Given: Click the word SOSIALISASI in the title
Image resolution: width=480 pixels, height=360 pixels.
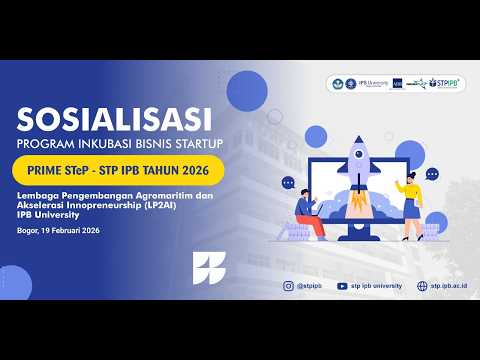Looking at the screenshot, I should click(x=114, y=122).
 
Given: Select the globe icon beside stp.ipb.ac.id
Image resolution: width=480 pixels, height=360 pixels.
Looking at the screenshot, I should click(x=421, y=285).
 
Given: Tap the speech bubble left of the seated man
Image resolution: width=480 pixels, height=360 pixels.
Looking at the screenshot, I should click(x=288, y=183).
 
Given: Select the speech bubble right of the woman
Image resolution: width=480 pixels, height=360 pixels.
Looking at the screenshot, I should click(x=433, y=173).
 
